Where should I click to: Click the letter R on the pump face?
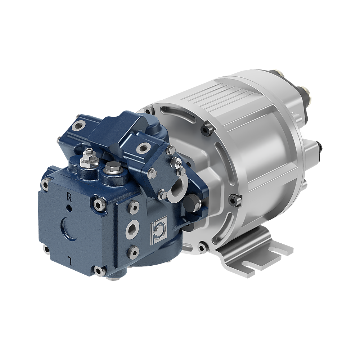click(69, 198)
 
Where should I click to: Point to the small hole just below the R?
click(69, 208)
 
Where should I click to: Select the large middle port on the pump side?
click(133, 228)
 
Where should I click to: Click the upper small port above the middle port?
click(134, 207)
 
